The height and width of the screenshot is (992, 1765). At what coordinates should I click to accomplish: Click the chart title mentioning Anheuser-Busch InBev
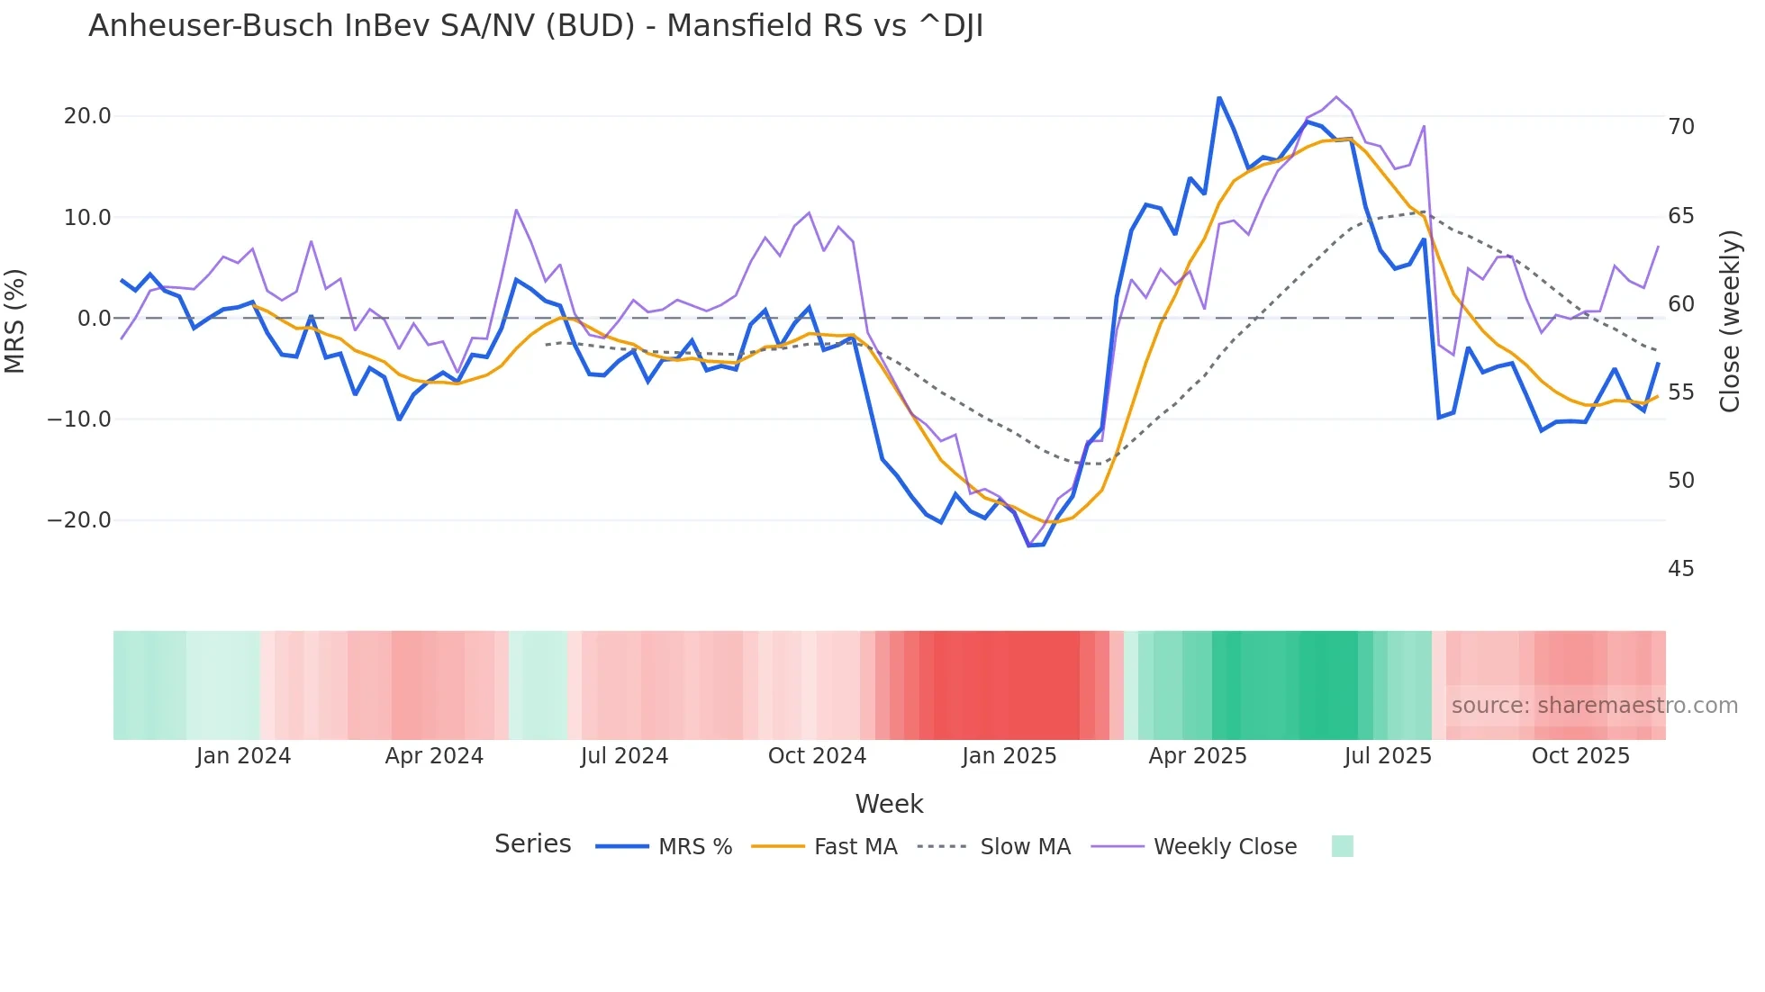[x=536, y=26]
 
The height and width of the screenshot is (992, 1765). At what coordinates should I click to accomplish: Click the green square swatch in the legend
[x=1342, y=846]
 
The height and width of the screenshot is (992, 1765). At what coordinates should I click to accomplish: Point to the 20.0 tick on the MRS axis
[x=87, y=116]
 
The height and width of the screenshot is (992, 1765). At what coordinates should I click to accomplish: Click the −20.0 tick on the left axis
[x=79, y=520]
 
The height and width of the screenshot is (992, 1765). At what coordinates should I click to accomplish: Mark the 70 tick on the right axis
[x=1681, y=127]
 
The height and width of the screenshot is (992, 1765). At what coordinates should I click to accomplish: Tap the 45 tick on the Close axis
[x=1681, y=569]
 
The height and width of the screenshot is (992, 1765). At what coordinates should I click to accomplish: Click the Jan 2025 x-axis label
[x=1009, y=756]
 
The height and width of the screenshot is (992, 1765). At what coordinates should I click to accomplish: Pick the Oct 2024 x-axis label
[x=817, y=756]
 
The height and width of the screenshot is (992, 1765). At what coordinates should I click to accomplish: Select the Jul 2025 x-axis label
[x=1388, y=756]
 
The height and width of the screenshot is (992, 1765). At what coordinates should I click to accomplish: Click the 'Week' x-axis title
[x=889, y=804]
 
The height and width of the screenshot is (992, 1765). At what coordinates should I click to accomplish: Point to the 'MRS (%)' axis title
[x=15, y=320]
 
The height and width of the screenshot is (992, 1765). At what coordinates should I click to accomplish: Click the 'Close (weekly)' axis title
[x=1730, y=320]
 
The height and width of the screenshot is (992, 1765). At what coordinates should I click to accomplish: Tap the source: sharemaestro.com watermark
[x=1594, y=706]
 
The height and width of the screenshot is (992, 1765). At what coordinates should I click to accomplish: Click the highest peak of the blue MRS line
[x=1219, y=97]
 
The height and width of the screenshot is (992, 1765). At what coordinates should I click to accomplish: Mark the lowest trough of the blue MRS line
[x=1029, y=546]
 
